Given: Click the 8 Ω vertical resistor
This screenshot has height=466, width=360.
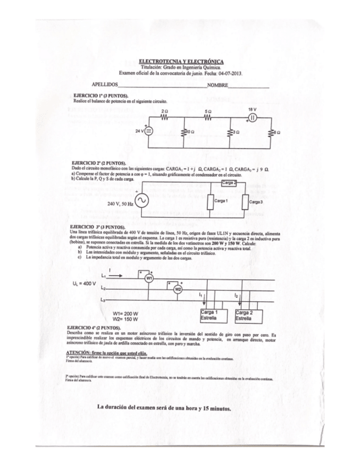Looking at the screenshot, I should click(272, 132).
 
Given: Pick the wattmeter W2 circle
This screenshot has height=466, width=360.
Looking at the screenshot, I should click(178, 289).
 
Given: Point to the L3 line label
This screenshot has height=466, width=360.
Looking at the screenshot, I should click(103, 299).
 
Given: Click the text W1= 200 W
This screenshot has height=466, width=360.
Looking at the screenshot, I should click(125, 313).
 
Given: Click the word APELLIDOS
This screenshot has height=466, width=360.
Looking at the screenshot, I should click(105, 86).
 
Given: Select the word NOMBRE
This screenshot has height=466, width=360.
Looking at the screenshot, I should click(218, 86).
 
